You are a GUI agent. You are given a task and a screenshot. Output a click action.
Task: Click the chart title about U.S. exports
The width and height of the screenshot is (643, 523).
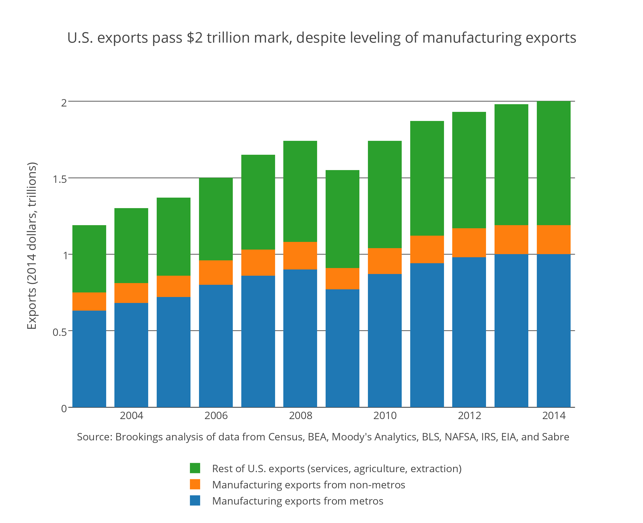click(321, 38)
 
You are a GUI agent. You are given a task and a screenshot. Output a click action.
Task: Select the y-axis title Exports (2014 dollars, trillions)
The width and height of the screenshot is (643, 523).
click(32, 246)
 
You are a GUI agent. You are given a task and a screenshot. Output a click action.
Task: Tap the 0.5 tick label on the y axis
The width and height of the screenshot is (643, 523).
click(60, 332)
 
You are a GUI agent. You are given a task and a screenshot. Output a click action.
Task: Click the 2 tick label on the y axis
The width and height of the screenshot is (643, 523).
click(64, 103)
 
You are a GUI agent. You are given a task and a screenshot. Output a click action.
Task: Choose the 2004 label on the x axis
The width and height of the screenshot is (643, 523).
click(131, 416)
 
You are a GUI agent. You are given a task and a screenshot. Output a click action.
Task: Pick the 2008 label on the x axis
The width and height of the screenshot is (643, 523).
click(300, 416)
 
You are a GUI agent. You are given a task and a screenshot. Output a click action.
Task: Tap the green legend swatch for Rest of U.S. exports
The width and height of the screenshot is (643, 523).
click(195, 468)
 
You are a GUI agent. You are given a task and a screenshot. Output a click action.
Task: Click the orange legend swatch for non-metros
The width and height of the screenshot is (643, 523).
click(195, 484)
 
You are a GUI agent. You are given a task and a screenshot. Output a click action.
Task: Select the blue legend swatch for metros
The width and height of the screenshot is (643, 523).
click(195, 500)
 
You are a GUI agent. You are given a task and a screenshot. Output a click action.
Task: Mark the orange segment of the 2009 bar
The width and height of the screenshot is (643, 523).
click(342, 279)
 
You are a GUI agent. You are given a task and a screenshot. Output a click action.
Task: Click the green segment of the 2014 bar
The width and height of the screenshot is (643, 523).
click(554, 163)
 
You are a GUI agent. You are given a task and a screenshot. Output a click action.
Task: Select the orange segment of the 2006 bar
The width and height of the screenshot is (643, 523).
click(216, 272)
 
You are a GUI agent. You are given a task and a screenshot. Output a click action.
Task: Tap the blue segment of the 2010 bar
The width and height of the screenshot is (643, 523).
click(385, 340)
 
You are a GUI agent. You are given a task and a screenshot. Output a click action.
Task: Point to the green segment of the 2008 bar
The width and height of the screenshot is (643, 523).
click(300, 191)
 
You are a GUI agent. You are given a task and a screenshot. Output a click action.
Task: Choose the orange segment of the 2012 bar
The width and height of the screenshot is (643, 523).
click(469, 242)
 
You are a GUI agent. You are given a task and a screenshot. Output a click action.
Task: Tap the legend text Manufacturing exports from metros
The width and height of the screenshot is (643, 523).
click(298, 501)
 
